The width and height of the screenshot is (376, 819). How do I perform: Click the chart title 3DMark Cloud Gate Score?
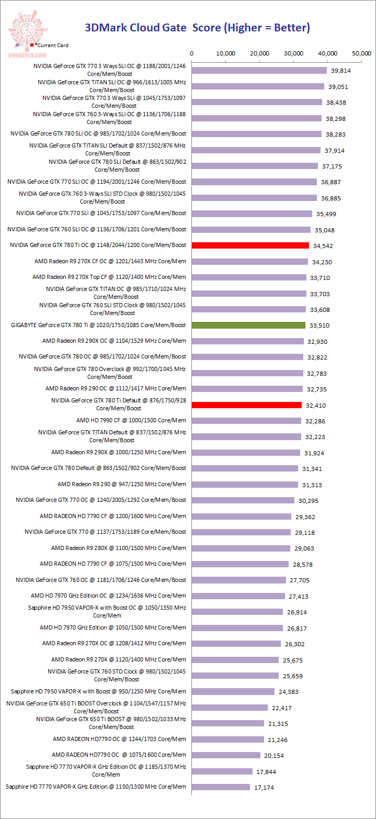click(198, 28)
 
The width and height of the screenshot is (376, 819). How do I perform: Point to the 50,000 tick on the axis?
click(361, 53)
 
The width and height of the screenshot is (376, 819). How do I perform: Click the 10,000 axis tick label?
click(226, 53)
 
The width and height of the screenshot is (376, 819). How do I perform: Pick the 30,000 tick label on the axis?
click(294, 53)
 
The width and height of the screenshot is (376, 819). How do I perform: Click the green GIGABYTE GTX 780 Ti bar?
click(248, 325)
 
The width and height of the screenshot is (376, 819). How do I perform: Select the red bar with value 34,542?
click(250, 245)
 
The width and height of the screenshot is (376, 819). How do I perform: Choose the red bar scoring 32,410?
click(247, 405)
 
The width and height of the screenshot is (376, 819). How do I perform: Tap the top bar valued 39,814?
click(259, 70)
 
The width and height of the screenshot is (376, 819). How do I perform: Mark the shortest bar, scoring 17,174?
click(221, 787)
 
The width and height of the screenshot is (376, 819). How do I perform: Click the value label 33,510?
click(320, 326)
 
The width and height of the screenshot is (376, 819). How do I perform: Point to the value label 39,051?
click(338, 87)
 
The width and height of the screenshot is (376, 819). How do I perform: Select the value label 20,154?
click(275, 755)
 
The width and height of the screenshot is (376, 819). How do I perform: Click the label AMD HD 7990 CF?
click(131, 420)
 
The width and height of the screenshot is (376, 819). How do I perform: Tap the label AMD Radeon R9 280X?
click(118, 548)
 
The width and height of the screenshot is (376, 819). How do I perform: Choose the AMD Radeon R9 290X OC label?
click(114, 341)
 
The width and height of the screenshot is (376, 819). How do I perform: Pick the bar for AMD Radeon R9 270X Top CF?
click(249, 277)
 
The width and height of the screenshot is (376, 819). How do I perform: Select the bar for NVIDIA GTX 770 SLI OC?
click(255, 182)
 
